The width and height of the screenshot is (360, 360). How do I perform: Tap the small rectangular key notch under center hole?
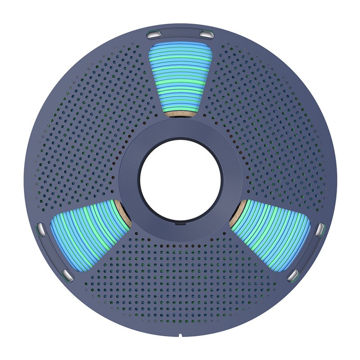(180, 221)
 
